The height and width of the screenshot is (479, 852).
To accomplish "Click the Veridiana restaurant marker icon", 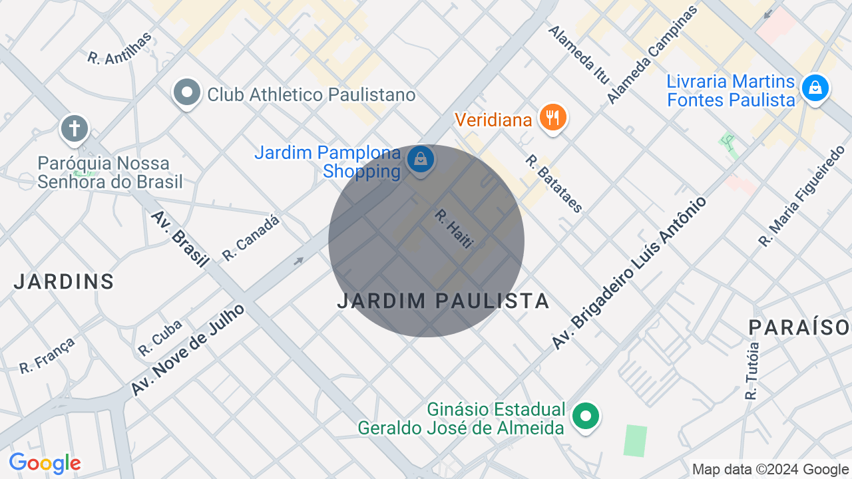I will pos(552,118).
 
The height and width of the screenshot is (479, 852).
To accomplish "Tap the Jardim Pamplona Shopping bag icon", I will pos(421,159).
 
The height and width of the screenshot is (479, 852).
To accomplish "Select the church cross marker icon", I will pos(75,128).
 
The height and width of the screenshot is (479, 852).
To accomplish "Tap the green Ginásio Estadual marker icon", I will pos(586,416).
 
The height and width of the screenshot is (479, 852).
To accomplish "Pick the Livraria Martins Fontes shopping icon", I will pos(815,87).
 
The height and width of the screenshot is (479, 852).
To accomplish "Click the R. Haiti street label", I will pos(453,229).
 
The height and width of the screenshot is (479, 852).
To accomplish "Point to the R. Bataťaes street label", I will pos(554,184).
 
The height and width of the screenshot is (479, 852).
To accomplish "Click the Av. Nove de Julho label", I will pos(188,349).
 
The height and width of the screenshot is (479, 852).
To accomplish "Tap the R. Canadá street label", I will pos(251,238).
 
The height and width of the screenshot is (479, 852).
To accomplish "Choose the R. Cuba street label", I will pos(160,338).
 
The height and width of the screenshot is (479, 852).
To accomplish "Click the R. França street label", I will pos(47,355).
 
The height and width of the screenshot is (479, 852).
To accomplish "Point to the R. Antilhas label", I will pos(120,48).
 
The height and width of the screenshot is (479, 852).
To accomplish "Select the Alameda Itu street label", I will pos(578,55).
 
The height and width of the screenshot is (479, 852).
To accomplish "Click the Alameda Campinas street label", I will pos(652,54).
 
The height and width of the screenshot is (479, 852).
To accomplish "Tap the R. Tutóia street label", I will pos(752,371).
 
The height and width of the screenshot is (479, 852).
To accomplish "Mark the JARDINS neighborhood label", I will pos(64,281).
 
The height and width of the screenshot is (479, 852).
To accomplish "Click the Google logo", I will pos(45,463).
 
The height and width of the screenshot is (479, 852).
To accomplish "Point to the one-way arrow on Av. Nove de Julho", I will pos(298,261).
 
